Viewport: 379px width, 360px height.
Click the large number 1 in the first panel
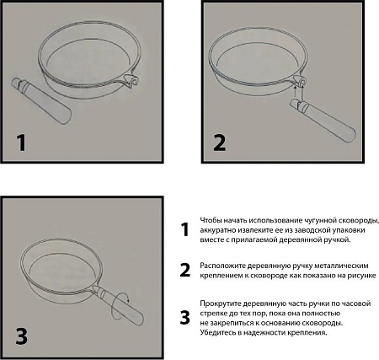click(x=21, y=142)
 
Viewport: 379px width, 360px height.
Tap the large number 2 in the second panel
click(x=220, y=142)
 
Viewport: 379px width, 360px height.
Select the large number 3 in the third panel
click(x=22, y=336)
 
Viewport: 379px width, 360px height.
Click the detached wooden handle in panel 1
click(x=41, y=100)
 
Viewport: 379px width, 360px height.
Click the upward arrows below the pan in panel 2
click(x=299, y=91)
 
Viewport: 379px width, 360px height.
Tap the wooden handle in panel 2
click(x=323, y=121)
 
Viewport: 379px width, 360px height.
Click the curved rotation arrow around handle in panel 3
click(x=120, y=307)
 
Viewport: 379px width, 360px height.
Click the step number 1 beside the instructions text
click(x=184, y=229)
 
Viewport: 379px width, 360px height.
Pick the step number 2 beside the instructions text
click(x=185, y=270)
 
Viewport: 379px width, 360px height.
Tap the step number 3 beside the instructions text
click(x=185, y=318)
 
